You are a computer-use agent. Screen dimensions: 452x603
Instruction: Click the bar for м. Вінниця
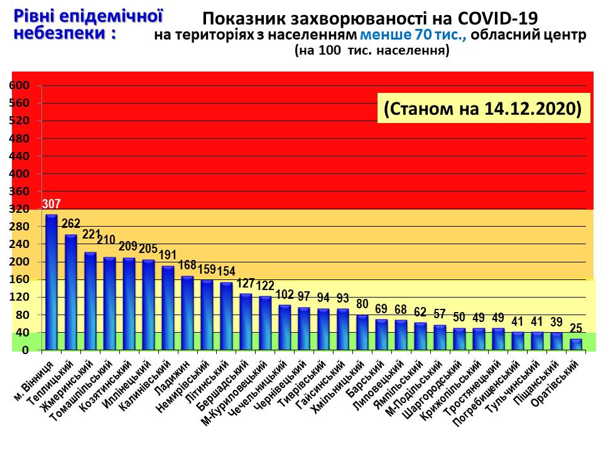[x=52, y=282]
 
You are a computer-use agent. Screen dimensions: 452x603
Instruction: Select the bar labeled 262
[x=71, y=293]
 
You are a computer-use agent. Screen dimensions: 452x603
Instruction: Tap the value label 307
[x=52, y=204]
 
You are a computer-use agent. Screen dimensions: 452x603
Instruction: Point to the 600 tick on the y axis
[x=21, y=85]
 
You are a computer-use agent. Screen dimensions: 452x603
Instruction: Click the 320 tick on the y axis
[x=21, y=209]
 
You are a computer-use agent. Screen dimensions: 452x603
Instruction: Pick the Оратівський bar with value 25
[x=575, y=345]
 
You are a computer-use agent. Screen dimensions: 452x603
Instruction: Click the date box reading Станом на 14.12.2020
[x=483, y=108]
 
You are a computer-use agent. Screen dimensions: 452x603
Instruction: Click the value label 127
[x=246, y=284]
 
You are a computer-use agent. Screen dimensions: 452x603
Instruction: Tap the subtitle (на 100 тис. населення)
[x=372, y=52]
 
